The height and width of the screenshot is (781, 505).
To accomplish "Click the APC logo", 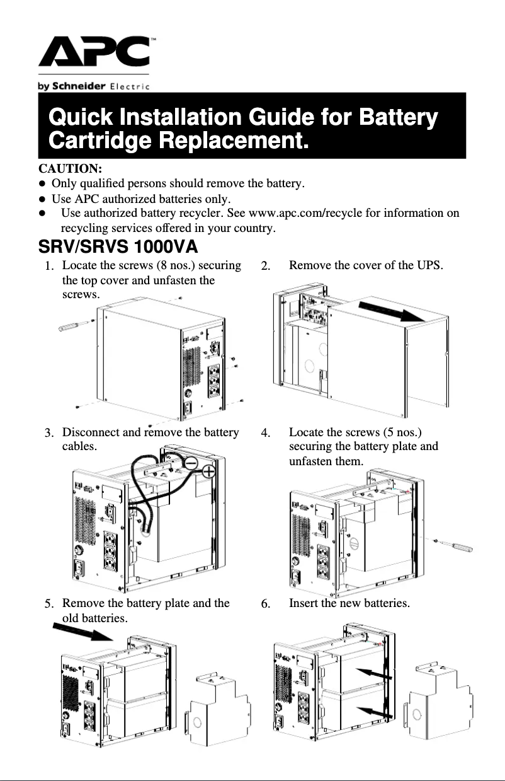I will click(x=94, y=53).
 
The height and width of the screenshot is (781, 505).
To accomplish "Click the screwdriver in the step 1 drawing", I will click(x=75, y=326).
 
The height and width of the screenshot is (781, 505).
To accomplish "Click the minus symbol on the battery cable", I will click(x=193, y=463).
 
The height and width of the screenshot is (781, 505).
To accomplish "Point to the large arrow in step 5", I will click(x=82, y=630).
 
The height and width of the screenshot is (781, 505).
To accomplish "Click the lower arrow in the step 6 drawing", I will click(x=375, y=711).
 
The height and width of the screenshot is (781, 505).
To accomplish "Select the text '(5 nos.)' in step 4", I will click(x=402, y=432).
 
